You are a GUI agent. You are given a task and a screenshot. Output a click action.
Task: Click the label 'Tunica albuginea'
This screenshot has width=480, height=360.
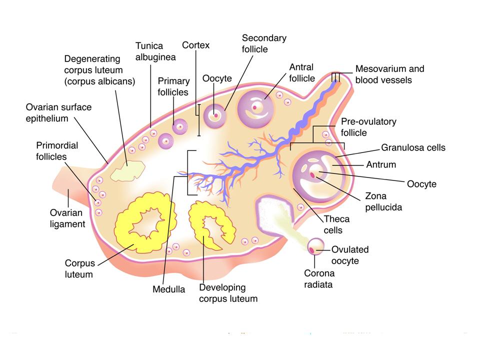pyautogui.click(x=155, y=51)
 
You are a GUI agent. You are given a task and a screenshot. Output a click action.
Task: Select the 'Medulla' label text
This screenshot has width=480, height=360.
pyautogui.click(x=168, y=289)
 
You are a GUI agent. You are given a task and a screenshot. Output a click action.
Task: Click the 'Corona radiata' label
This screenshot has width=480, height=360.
pyautogui.click(x=319, y=279)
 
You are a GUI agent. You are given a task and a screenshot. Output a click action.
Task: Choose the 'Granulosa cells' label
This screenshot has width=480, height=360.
pyautogui.click(x=413, y=147)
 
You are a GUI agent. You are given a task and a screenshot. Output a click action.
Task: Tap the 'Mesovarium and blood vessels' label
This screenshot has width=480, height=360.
pyautogui.click(x=389, y=74)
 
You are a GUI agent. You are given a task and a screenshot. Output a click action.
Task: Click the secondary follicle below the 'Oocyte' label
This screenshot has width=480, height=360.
pyautogui.click(x=216, y=115)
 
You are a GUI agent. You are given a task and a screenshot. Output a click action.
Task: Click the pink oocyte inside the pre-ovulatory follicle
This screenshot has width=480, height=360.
pyautogui.click(x=313, y=175)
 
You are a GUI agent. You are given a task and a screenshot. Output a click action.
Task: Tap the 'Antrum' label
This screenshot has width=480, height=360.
pyautogui.click(x=381, y=164)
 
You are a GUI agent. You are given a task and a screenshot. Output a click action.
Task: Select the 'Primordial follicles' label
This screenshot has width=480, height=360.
pyautogui.click(x=57, y=150)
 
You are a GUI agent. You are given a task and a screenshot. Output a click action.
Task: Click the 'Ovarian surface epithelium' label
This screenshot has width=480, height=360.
pyautogui.click(x=58, y=113)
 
